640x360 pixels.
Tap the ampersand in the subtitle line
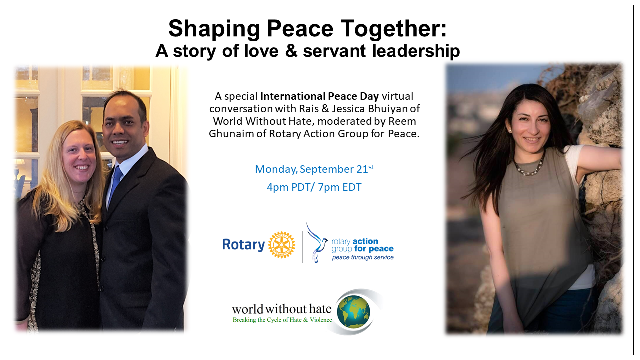(291, 51)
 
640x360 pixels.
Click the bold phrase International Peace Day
(319, 96)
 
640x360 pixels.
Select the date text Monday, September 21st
(314, 169)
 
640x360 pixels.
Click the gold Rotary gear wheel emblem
(281, 245)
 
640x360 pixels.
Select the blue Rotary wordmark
(243, 245)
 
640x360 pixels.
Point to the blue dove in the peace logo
(317, 243)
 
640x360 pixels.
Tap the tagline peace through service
(363, 257)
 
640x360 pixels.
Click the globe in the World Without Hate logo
(353, 312)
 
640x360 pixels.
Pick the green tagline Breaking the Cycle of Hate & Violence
(282, 320)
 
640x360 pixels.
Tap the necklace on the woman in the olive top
(529, 167)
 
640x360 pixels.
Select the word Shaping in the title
(214, 30)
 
